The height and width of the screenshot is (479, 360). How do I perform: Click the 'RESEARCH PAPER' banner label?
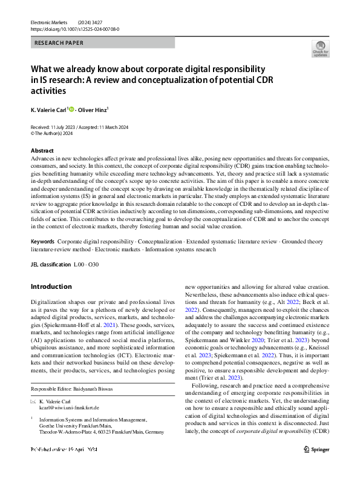pos(59,43)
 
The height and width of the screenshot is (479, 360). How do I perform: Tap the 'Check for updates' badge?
pos(319,48)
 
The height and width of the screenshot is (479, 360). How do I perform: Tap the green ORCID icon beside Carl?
pos(71,110)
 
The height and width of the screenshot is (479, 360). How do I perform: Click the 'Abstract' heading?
pos(42,150)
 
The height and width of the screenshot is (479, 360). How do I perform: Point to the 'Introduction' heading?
pos(51,286)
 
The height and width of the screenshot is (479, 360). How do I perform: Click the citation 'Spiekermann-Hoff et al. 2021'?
pos(91,325)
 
